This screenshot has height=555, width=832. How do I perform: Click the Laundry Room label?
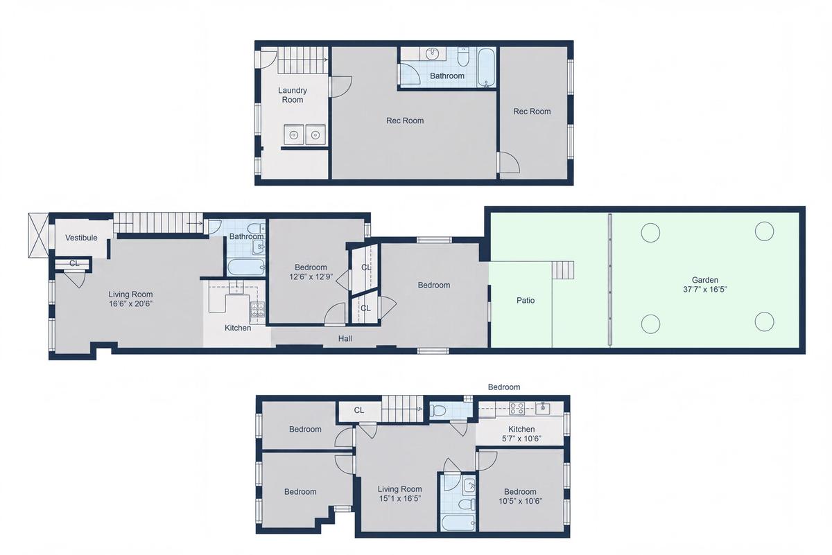293,95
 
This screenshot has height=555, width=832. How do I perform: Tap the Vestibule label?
81,238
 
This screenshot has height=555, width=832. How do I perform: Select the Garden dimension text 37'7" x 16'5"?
704,289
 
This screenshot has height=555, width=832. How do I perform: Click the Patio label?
526,300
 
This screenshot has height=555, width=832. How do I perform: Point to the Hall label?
345,339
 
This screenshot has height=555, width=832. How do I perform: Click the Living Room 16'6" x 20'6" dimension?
130,303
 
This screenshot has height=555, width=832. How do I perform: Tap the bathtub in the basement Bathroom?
487,68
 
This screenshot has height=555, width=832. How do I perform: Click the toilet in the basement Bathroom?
463,57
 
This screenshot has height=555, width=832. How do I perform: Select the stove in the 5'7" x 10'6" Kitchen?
517,408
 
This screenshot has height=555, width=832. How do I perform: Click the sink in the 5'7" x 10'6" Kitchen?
543,408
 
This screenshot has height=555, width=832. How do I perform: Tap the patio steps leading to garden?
563,270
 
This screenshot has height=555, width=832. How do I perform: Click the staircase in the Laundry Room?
303,60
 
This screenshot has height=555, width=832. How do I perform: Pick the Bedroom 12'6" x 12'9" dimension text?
311,277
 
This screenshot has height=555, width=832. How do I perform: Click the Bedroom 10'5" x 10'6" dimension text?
520,501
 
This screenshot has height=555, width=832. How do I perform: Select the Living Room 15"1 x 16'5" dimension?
399,499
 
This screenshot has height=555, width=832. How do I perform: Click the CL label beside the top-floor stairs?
359,410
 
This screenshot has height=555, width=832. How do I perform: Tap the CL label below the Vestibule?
74,263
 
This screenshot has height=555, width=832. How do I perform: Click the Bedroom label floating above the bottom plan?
504,387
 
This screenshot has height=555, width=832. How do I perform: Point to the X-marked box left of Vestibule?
39,235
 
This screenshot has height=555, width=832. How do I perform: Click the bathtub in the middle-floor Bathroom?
246,267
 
